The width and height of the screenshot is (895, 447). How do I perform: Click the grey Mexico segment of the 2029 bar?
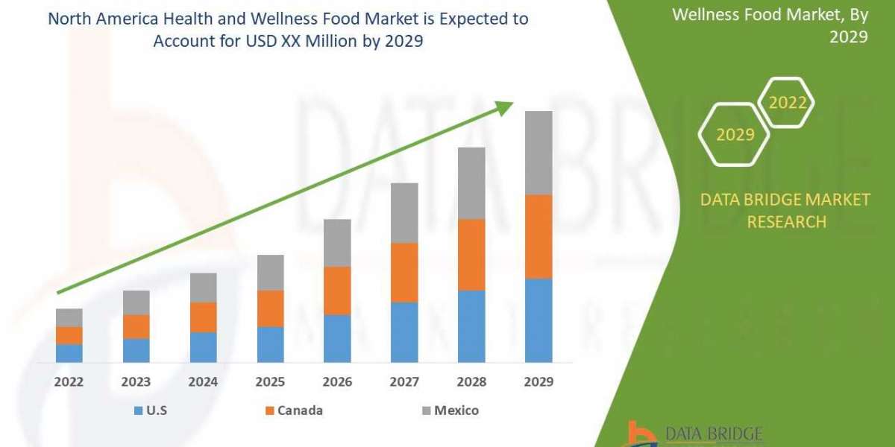tap(538, 153)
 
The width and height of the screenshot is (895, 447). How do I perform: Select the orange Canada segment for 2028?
tap(471, 255)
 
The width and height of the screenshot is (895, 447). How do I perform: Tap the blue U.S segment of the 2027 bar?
tap(404, 332)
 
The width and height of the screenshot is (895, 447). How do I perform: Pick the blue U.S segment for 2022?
tap(69, 353)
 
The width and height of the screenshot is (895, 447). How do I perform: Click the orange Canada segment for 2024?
tap(203, 317)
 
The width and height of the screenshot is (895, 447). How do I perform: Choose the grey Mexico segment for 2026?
tap(337, 243)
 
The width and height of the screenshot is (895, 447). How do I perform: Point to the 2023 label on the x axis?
tap(136, 382)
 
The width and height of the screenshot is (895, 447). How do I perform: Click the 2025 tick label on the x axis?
tap(270, 382)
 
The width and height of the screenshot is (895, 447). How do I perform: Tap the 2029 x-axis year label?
tap(538, 382)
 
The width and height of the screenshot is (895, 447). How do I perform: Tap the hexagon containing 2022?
tap(788, 103)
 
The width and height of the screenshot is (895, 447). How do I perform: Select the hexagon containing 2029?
tap(735, 135)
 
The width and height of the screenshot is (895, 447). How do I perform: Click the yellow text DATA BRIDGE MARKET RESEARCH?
tap(785, 210)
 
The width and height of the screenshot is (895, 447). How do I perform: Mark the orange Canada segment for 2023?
tap(136, 327)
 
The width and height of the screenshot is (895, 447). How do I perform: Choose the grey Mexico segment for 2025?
tap(270, 273)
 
